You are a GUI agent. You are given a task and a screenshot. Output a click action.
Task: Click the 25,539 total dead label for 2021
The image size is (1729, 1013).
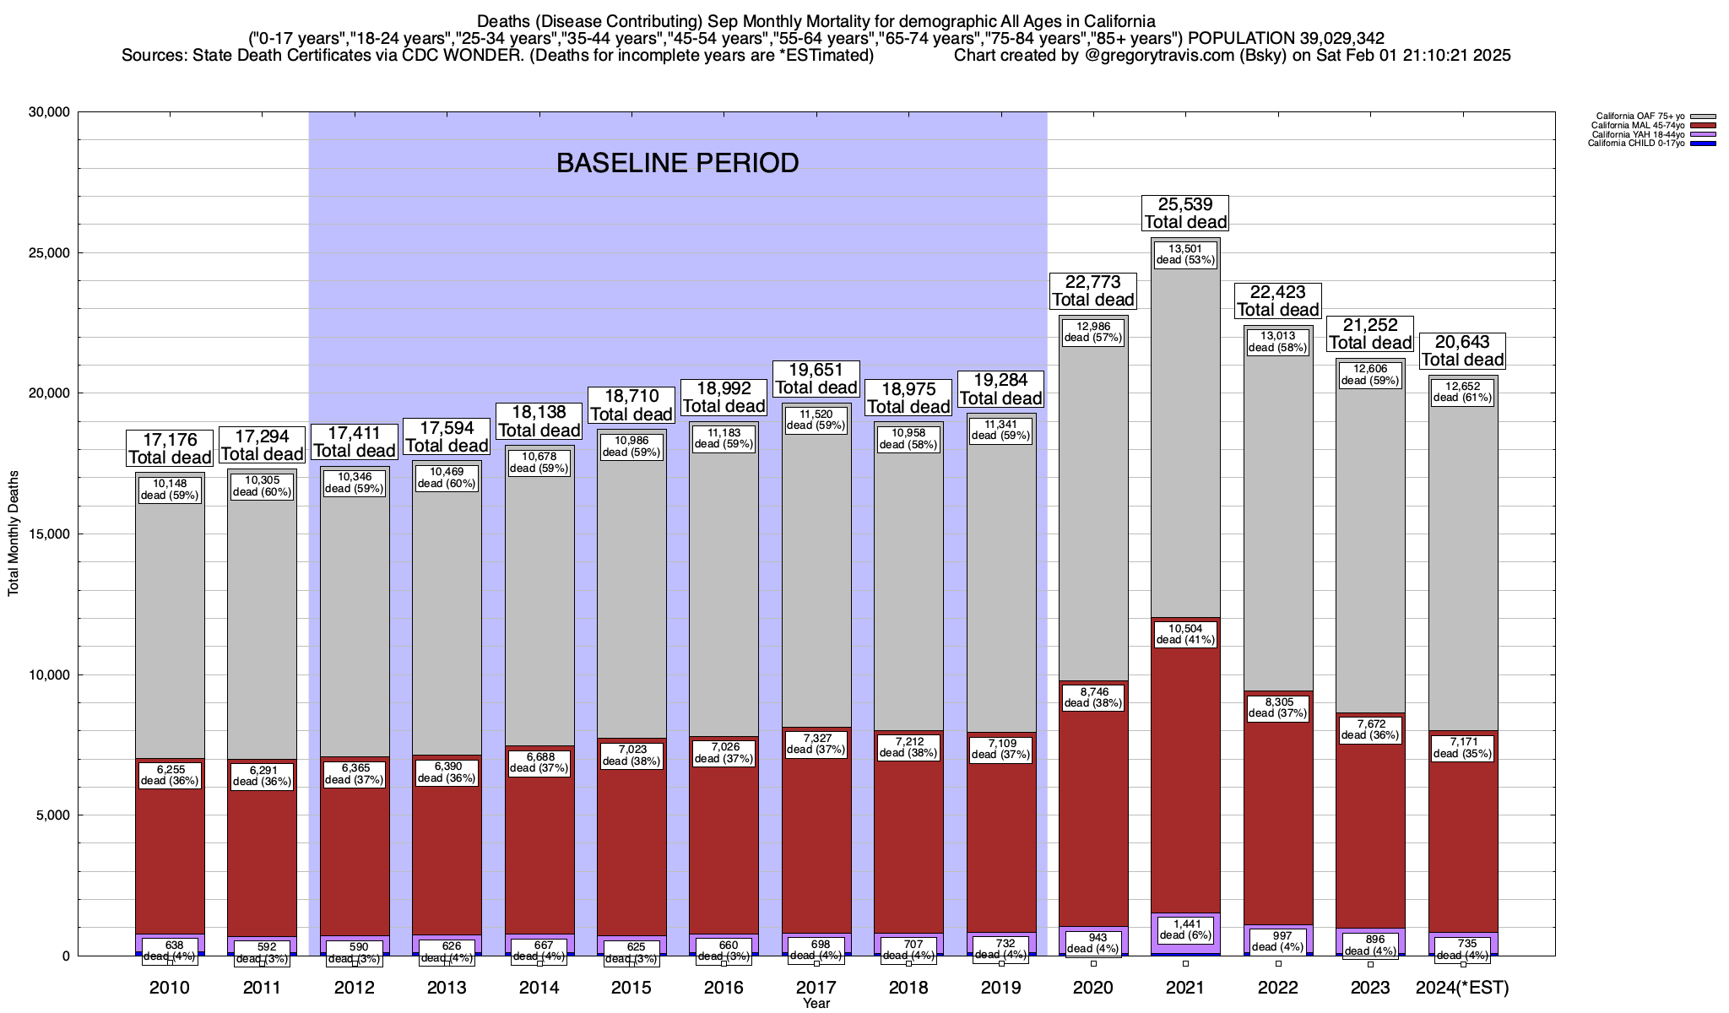tap(1185, 213)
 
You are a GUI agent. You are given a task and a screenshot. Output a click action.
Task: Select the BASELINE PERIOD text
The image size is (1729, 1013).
tap(677, 163)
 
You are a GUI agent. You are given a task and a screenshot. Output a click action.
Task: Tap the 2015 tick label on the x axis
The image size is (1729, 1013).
tap(631, 987)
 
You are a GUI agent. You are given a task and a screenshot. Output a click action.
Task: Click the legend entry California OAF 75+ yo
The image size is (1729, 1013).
tap(1640, 116)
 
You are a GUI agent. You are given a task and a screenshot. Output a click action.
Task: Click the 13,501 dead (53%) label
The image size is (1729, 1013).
tap(1185, 254)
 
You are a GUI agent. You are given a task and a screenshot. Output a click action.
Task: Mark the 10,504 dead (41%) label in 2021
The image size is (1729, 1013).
tap(1185, 634)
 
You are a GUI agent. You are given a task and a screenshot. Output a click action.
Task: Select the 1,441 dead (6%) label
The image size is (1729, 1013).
tap(1185, 929)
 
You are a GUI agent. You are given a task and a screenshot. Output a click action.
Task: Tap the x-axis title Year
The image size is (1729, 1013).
tap(816, 1004)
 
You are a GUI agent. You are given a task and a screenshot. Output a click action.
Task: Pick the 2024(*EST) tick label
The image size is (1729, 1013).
tap(1462, 987)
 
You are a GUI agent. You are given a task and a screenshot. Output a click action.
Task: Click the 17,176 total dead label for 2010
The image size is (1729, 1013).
tap(170, 448)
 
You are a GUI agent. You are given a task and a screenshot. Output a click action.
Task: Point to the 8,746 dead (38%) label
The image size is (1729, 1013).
tap(1093, 696)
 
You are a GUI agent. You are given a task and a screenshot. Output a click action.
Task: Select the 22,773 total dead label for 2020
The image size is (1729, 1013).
tap(1093, 290)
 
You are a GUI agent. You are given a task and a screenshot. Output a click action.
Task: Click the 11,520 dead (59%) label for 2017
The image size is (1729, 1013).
tap(816, 420)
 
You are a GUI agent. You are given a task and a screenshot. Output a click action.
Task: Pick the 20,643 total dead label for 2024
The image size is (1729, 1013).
tap(1462, 350)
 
